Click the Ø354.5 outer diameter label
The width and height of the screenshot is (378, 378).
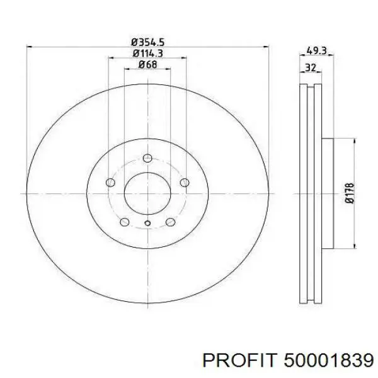point(148,42)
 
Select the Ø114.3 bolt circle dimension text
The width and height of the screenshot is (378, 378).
point(148,54)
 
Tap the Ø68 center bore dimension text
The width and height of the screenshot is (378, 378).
point(148,64)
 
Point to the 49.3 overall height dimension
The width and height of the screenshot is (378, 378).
point(316,51)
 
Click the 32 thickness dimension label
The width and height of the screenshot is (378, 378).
point(310,67)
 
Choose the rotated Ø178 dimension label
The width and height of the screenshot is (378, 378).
point(350,193)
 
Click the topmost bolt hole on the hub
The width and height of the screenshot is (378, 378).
point(147,158)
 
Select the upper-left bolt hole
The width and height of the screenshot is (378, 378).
point(110,182)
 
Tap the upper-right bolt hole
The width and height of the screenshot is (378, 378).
point(185,183)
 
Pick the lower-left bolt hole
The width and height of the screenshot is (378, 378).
point(124,222)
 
